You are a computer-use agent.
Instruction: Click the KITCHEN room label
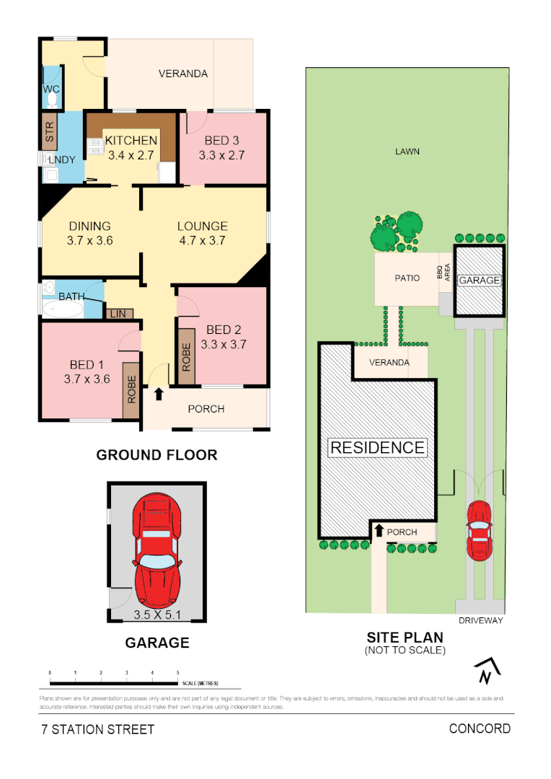tap(131, 141)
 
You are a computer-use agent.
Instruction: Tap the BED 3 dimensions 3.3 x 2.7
tap(222, 154)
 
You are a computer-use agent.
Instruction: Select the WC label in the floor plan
tap(50, 89)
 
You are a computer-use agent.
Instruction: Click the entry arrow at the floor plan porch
tap(158, 395)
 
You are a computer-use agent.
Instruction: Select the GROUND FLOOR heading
tap(157, 455)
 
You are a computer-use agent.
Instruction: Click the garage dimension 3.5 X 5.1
tap(157, 615)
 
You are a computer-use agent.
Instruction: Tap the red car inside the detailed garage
tap(157, 550)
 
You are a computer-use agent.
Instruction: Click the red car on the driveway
tap(479, 531)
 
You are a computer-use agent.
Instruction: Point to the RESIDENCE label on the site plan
tap(377, 448)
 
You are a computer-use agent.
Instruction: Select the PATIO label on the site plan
tap(407, 278)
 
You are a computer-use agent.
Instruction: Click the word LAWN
tap(407, 151)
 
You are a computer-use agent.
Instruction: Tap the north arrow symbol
tap(488, 672)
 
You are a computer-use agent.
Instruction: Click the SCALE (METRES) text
tap(200, 683)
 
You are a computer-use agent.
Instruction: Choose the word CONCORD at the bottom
tap(480, 729)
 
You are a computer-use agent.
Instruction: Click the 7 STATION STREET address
tap(97, 729)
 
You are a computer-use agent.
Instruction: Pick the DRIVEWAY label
tap(480, 620)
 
